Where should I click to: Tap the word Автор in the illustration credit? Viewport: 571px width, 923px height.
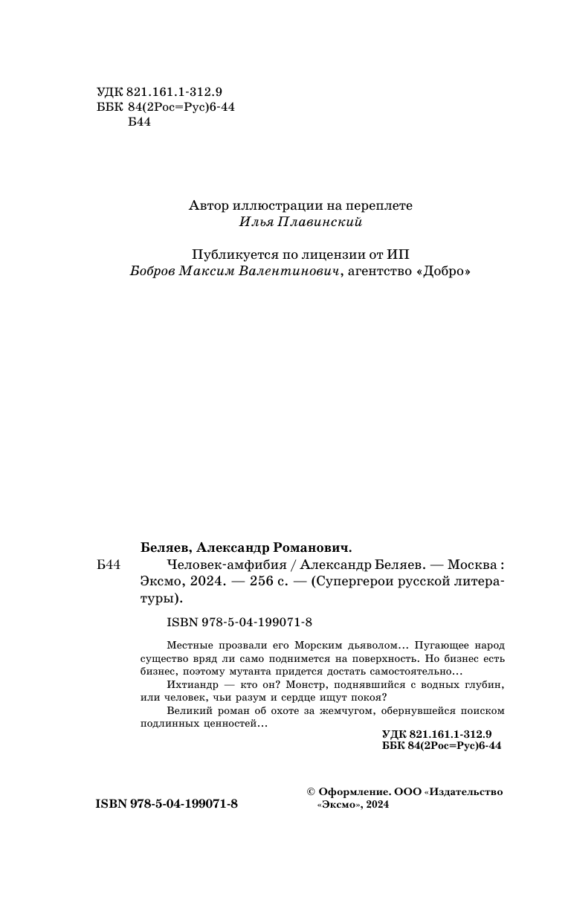(x=210, y=205)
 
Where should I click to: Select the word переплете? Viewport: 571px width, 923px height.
(x=375, y=205)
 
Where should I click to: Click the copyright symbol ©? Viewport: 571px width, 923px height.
(x=312, y=792)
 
